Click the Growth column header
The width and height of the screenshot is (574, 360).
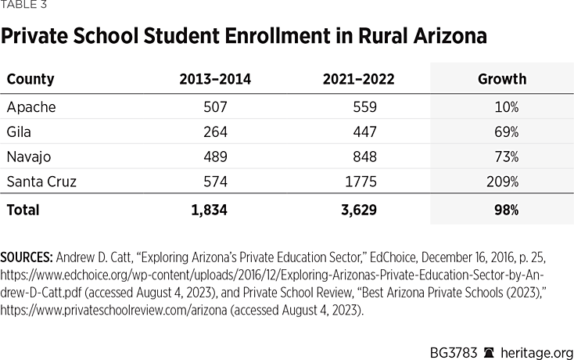tap(501, 79)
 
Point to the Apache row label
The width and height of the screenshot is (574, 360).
tap(31, 106)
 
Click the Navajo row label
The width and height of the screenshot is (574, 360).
tap(30, 157)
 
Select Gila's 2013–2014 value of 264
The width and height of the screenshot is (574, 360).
tap(215, 131)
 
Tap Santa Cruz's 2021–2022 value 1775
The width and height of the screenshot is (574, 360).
tap(361, 182)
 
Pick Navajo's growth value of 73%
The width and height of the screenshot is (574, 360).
tap(506, 157)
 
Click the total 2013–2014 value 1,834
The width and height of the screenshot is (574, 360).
tap(210, 210)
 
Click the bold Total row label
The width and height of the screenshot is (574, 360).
tap(23, 210)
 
